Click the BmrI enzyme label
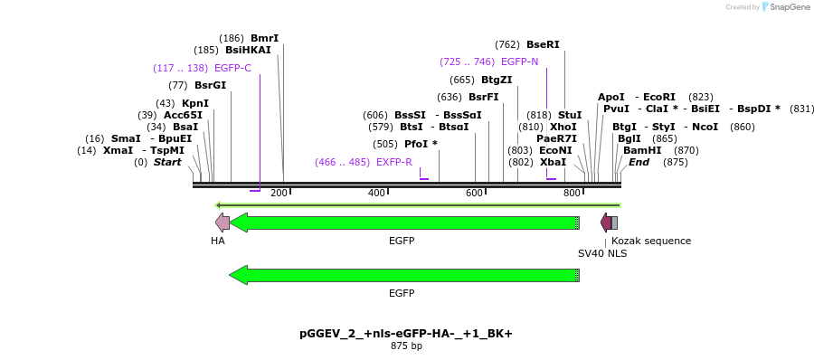264,38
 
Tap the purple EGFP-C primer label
232,68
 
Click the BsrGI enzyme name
210,85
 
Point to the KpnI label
194,103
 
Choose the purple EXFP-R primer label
393,162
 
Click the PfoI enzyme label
421,144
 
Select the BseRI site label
543,44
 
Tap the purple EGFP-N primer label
519,62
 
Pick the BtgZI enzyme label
497,80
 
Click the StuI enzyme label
570,115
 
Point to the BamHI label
642,150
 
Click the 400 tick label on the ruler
376,193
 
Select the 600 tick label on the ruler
475,193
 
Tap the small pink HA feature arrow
222,223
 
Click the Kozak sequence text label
651,241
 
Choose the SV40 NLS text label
602,253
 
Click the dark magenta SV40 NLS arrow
606,223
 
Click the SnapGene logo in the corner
784,7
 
